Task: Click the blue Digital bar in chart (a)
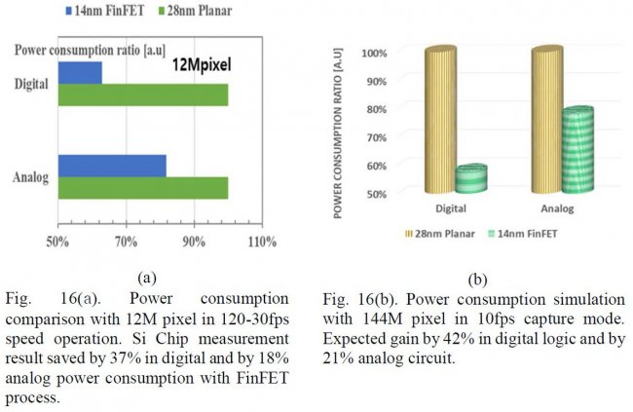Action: click(x=80, y=72)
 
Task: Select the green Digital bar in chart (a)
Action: click(x=142, y=94)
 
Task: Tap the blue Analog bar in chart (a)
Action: click(x=112, y=166)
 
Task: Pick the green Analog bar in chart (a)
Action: click(x=142, y=188)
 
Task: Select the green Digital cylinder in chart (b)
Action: click(x=470, y=176)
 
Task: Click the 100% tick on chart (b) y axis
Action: click(x=375, y=52)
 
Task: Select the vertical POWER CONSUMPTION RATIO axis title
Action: click(x=342, y=126)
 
